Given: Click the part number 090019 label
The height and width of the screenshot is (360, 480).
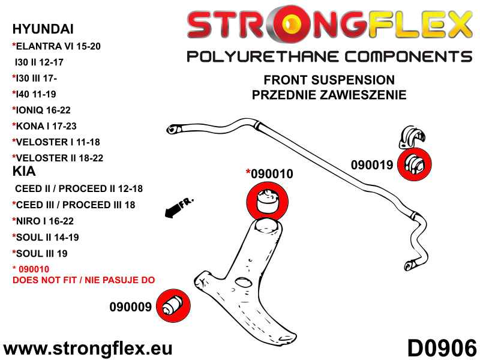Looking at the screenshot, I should (371, 165).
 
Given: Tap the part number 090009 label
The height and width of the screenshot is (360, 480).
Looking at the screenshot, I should (130, 307).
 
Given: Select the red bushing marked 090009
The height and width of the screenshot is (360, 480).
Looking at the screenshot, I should (173, 305).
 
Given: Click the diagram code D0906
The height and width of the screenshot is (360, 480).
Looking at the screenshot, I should (442, 348).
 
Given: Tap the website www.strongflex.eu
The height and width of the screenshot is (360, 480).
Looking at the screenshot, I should (88, 348).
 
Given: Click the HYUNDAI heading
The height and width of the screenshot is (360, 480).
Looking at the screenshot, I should (40, 28).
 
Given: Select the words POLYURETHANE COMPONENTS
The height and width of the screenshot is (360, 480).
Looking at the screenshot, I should (329, 56).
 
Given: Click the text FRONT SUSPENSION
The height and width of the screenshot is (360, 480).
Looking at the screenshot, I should (329, 80).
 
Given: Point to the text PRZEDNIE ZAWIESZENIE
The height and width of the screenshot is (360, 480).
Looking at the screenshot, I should (329, 94).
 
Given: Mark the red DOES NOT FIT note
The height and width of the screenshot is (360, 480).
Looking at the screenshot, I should (83, 280).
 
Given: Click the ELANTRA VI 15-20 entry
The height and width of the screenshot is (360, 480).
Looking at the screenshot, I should (52, 45).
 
